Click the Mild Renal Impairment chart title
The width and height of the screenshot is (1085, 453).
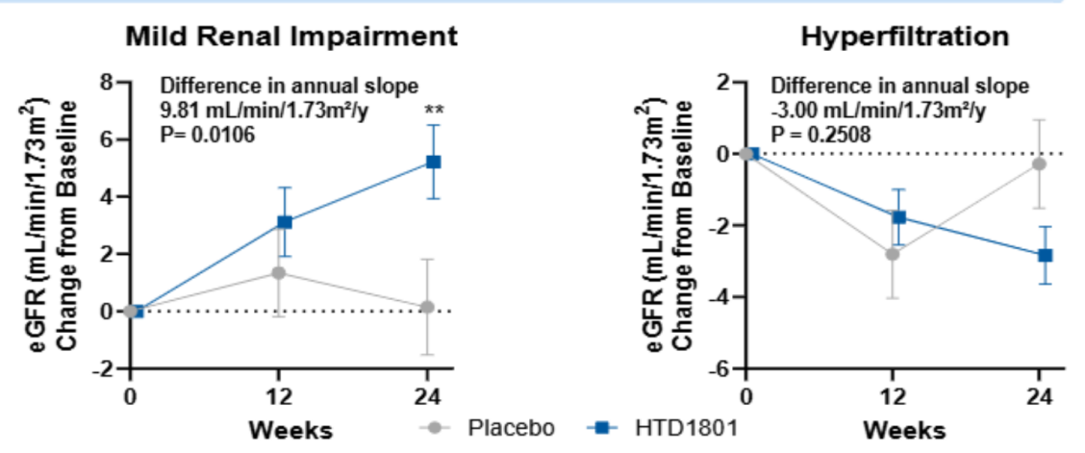290,38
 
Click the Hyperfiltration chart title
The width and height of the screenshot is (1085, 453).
904,38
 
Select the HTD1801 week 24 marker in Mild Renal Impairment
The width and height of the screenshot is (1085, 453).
433,162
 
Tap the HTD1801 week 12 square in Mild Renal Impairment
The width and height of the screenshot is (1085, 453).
285,222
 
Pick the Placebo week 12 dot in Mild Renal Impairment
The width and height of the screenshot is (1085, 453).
278,273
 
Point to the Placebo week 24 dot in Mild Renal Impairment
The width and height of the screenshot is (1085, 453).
427,307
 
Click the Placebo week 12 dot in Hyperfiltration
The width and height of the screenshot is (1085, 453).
893,254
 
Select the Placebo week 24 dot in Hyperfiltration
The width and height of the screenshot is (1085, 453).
1039,164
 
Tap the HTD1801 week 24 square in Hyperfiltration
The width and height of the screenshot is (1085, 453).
1046,256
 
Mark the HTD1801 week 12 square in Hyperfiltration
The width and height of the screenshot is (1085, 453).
899,217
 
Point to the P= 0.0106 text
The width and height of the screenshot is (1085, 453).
207,136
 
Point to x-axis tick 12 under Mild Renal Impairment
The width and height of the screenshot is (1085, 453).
279,396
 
